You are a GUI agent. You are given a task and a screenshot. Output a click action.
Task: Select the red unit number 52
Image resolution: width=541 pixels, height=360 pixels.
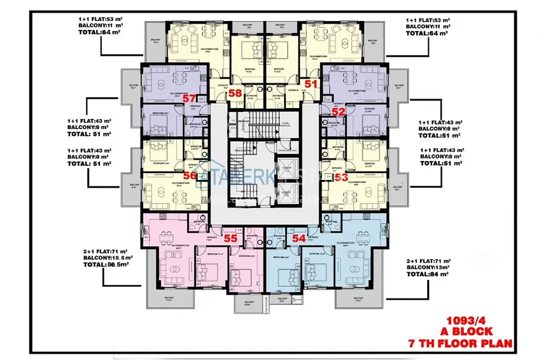click(x=337, y=111)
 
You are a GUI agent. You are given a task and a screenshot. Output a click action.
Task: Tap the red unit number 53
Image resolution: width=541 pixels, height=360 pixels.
click(x=341, y=178)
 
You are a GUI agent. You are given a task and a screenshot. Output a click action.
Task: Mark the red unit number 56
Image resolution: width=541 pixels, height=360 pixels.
click(x=190, y=176)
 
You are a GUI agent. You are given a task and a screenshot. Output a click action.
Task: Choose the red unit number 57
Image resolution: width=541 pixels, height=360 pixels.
click(x=190, y=99)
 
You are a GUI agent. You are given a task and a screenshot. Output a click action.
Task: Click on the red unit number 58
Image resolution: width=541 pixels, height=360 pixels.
click(x=235, y=93)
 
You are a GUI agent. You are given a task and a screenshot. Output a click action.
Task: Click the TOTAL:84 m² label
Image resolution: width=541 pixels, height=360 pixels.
click(x=430, y=275)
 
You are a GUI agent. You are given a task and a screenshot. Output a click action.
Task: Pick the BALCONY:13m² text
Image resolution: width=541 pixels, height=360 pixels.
click(x=430, y=268)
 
